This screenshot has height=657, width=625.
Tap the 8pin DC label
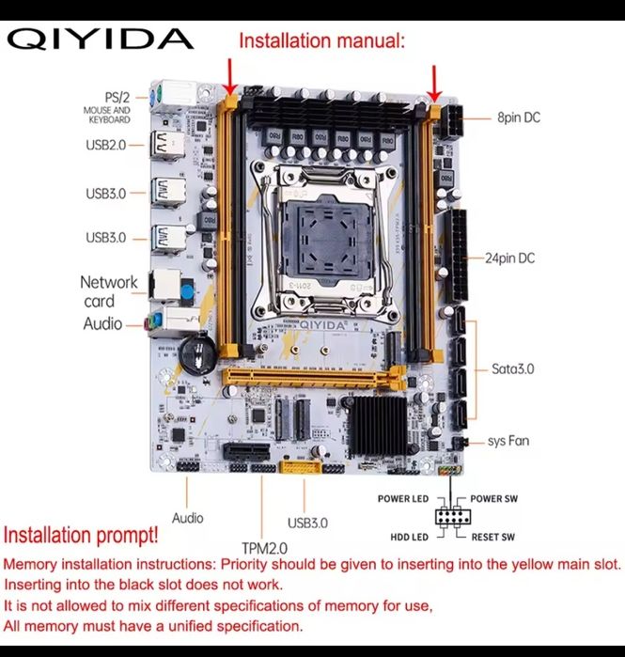click(519, 118)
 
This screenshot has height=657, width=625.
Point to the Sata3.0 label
click(512, 368)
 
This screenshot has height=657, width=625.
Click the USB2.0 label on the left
click(105, 145)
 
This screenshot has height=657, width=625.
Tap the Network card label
click(108, 291)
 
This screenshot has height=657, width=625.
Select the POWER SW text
click(493, 498)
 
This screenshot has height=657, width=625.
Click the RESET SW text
click(492, 537)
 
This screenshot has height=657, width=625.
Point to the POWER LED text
click(403, 498)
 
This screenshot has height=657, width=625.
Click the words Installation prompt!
click(81, 536)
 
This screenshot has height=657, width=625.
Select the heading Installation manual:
click(321, 40)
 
